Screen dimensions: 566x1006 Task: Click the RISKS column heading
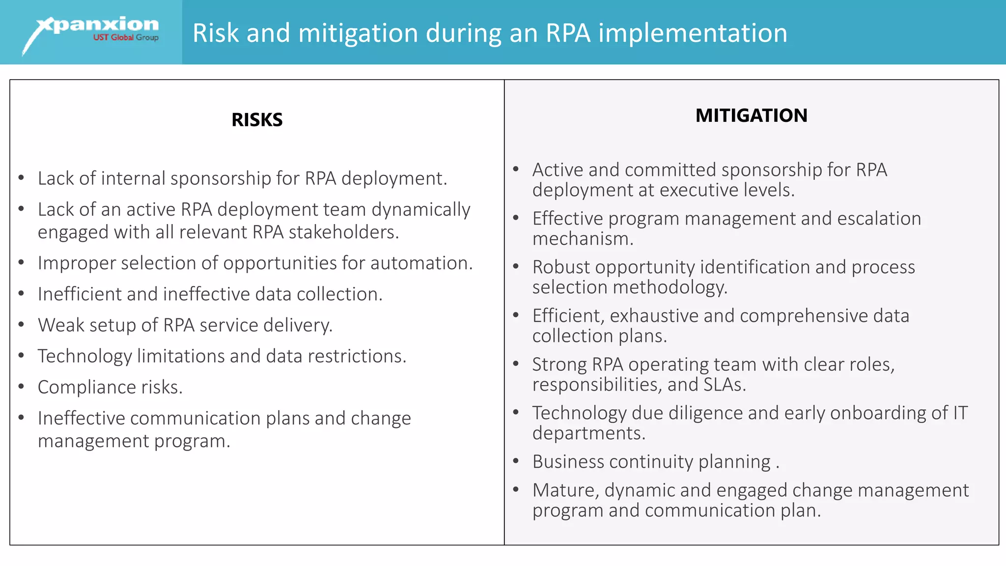click(257, 120)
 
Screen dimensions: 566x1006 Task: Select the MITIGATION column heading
click(751, 115)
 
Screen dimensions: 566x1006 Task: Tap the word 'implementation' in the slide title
click(693, 33)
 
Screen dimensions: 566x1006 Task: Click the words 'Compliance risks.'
click(110, 387)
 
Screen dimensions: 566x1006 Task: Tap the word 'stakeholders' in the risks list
click(343, 232)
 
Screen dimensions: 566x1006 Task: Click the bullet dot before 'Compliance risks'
click(22, 387)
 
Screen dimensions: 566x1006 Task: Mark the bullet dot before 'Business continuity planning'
click(516, 461)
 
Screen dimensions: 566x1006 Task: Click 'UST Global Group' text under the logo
click(126, 38)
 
